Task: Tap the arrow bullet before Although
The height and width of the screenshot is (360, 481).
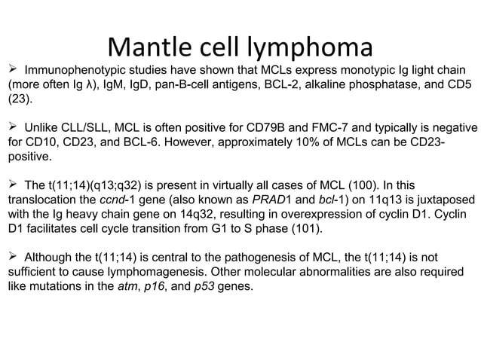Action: [13, 257]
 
